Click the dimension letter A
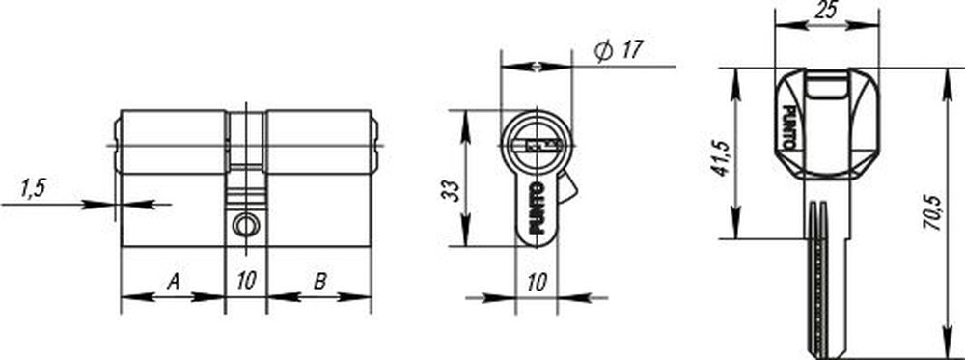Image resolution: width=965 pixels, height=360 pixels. pyautogui.click(x=174, y=283)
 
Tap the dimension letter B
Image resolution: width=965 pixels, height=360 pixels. pyautogui.click(x=319, y=283)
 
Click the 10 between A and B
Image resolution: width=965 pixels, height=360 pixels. pyautogui.click(x=246, y=283)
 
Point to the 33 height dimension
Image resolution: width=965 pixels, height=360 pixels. pyautogui.click(x=451, y=191)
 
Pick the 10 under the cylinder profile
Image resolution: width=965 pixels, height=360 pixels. pyautogui.click(x=538, y=283)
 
